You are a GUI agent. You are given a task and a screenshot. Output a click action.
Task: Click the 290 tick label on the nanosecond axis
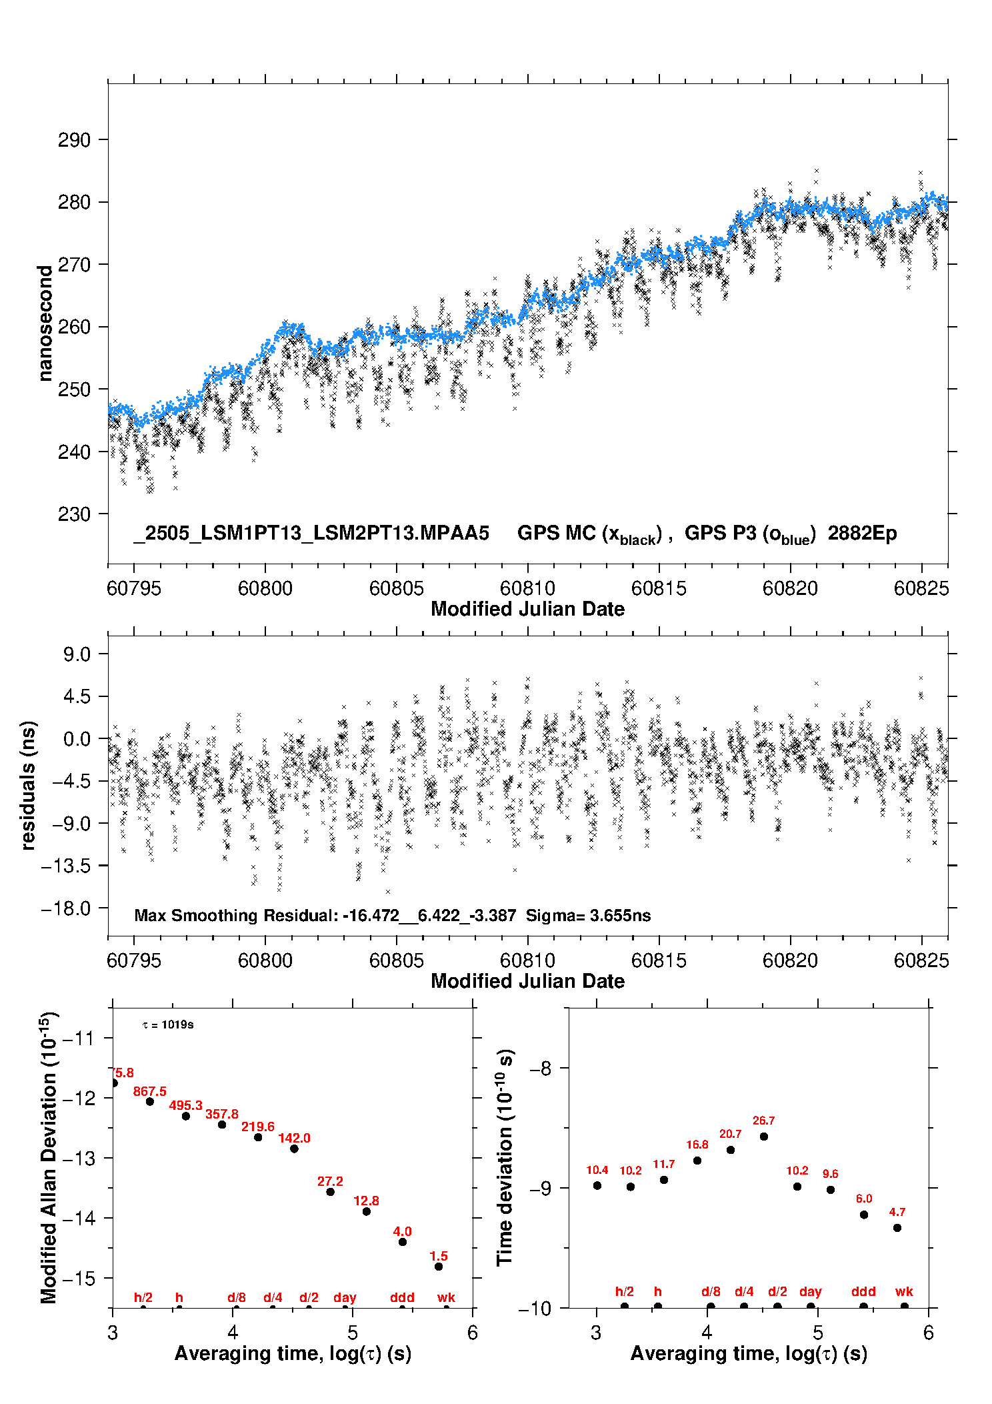pyautogui.click(x=73, y=140)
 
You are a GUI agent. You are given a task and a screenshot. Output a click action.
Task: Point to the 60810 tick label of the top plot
pyautogui.click(x=527, y=588)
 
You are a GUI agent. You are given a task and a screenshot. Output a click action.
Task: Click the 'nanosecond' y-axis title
pyautogui.click(x=45, y=323)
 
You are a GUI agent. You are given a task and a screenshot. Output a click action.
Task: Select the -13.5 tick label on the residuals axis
pyautogui.click(x=66, y=866)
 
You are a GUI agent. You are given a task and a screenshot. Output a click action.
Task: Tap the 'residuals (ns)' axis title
pyautogui.click(x=27, y=786)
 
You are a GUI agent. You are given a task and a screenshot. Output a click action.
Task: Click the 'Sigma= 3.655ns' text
pyautogui.click(x=588, y=915)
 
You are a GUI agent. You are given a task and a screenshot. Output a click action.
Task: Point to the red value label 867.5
pyautogui.click(x=149, y=1091)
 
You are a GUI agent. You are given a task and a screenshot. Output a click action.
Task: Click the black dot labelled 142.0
pyautogui.click(x=294, y=1149)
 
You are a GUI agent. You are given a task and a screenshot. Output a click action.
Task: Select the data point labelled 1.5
pyautogui.click(x=439, y=1267)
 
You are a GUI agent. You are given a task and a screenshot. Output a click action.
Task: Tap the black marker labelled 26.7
pyautogui.click(x=764, y=1137)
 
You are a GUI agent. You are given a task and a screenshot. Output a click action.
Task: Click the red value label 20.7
pyautogui.click(x=730, y=1134)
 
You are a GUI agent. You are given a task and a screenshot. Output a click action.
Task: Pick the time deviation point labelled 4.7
pyautogui.click(x=897, y=1228)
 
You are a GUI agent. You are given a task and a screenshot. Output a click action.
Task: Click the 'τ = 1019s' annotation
pyautogui.click(x=168, y=1025)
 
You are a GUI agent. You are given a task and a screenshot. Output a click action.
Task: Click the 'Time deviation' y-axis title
pyautogui.click(x=505, y=1158)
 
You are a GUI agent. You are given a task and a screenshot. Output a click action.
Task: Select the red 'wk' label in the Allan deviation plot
pyautogui.click(x=446, y=1297)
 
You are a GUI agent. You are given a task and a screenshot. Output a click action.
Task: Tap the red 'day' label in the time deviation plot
pyautogui.click(x=811, y=1292)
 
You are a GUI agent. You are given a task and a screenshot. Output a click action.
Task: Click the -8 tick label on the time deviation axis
pyautogui.click(x=540, y=1069)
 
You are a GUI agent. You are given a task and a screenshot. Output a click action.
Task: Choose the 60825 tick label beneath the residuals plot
pyautogui.click(x=921, y=960)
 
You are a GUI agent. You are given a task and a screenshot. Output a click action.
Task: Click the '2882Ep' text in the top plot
pyautogui.click(x=863, y=534)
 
